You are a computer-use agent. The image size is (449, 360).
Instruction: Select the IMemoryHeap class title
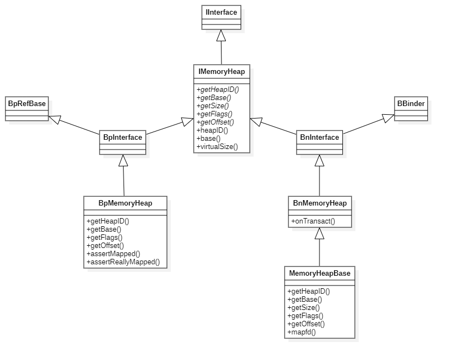tap(222, 71)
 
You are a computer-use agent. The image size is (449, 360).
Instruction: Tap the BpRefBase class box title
tap(27, 103)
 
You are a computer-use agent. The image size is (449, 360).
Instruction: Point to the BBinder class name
tap(411, 103)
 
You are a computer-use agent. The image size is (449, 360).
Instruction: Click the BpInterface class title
tap(122, 137)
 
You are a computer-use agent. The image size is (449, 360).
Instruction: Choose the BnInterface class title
tap(319, 137)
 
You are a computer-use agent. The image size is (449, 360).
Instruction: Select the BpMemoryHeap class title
tap(125, 203)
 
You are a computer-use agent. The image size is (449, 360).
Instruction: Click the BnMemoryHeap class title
tap(319, 203)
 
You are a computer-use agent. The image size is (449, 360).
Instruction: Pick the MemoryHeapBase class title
tap(319, 273)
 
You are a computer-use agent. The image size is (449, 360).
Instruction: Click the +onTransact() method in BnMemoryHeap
tap(313, 221)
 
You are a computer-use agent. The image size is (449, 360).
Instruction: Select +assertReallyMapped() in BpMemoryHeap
tap(123, 262)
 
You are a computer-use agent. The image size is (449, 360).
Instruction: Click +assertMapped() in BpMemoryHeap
tap(113, 254)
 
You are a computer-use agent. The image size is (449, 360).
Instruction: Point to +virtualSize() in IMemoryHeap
tap(217, 147)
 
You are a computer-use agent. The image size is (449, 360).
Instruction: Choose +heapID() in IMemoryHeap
tap(212, 131)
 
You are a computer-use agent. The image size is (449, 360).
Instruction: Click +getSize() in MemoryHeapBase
tap(303, 307)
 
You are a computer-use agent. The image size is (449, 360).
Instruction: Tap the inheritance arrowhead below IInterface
tap(221, 36)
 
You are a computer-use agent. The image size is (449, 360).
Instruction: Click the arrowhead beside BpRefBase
tap(54, 119)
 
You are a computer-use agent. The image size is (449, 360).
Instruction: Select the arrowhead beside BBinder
tap(388, 118)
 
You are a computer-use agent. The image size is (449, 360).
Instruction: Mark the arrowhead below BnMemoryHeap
tap(319, 234)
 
